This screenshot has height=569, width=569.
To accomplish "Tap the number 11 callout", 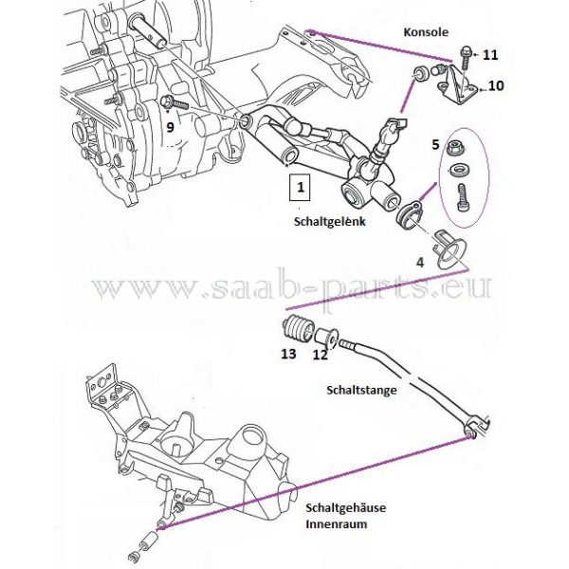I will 489,55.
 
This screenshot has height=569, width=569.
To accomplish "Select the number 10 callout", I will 495,86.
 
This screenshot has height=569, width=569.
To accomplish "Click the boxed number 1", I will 300,188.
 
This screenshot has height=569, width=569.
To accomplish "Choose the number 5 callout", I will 435,144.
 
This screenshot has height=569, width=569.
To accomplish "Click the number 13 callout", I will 288,355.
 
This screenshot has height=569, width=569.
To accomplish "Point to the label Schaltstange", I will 360,389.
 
